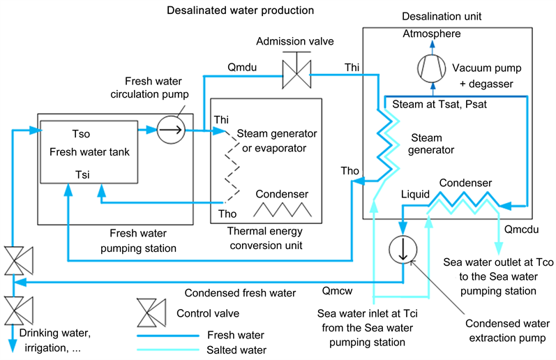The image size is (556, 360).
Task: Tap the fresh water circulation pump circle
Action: tap(170, 129)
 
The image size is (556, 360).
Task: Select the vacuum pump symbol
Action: tap(430, 68)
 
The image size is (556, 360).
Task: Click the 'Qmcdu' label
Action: tap(516, 228)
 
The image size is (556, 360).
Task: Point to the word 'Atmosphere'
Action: tap(431, 33)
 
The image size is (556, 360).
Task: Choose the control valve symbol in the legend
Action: tap(147, 313)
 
